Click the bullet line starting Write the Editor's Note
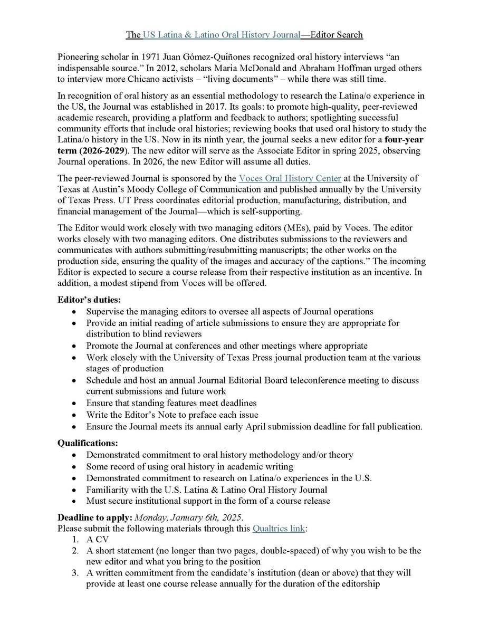[x=172, y=414]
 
